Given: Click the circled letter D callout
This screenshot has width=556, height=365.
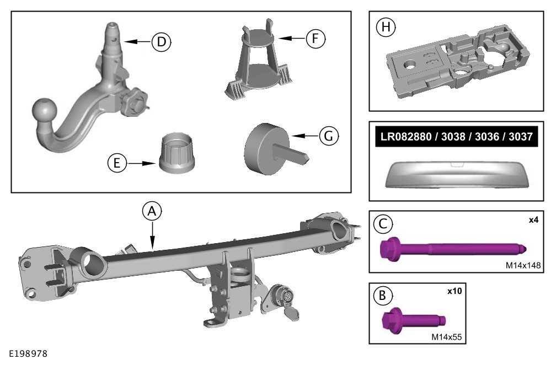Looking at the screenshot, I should point(162,41).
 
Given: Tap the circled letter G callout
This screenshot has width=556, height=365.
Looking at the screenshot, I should point(329,136).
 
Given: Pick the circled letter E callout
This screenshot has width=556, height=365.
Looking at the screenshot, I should point(117,163).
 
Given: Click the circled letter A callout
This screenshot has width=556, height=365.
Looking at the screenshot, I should point(152,211).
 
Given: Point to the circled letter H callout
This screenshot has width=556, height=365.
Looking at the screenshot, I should point(383,27).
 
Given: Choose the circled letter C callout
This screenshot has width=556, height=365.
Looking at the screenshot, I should point(382,224).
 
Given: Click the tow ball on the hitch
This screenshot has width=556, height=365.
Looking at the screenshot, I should point(43,112).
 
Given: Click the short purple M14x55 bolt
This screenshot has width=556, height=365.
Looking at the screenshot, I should point(414,321).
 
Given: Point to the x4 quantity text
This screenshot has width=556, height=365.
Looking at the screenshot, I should point(534,219).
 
